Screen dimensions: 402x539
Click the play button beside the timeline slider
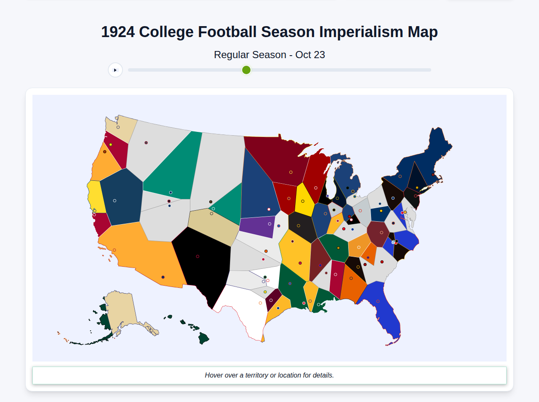coord(115,70)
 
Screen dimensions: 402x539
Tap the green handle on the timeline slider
coord(246,70)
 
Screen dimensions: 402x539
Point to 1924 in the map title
coord(118,32)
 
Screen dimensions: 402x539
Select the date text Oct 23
coord(310,55)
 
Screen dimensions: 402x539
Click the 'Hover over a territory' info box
coord(269,375)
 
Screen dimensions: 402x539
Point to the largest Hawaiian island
coord(203,338)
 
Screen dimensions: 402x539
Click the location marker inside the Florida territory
coord(378,301)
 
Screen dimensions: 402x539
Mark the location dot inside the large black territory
coord(197,256)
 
